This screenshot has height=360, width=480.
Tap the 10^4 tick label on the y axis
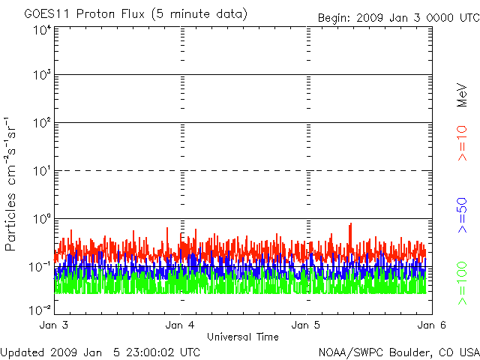tap(41, 30)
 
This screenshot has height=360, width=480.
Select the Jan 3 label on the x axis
tap(54, 325)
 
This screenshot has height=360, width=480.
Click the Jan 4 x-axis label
tap(180, 325)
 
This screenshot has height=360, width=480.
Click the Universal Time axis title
tap(242, 337)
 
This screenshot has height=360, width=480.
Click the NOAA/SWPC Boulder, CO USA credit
tap(398, 352)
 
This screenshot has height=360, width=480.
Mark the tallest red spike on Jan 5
tap(350, 224)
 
